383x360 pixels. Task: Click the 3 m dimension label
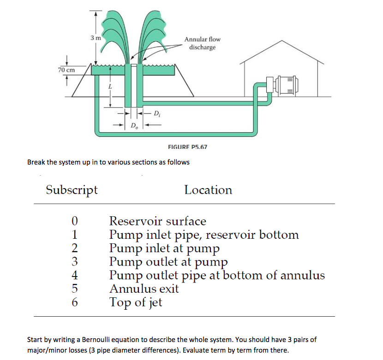[96, 37]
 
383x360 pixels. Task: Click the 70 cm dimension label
[66, 70]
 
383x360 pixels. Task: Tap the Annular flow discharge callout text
[202, 43]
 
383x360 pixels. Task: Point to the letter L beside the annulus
[110, 86]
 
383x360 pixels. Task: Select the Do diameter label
[134, 125]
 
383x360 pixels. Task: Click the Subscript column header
[72, 190]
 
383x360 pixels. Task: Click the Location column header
[208, 190]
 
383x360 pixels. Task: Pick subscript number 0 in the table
[74, 222]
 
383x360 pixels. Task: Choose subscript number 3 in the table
[74, 262]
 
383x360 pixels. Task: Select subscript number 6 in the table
[74, 303]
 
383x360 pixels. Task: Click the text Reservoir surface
[157, 222]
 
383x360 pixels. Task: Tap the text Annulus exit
[144, 289]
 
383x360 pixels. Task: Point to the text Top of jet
[136, 303]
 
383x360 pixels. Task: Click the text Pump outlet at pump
[168, 262]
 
